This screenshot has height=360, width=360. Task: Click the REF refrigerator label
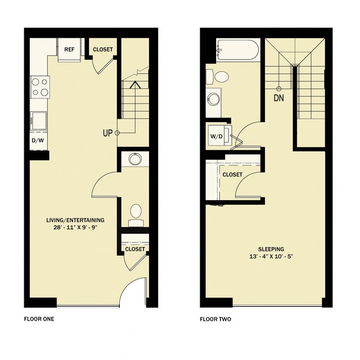(x=69, y=49)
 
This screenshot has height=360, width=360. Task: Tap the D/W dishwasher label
(x=38, y=140)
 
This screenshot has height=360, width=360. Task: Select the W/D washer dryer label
(x=216, y=136)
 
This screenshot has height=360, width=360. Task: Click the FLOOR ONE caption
(x=39, y=319)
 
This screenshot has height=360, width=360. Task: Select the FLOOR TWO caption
(x=215, y=319)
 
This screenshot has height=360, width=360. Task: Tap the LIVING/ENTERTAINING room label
(x=75, y=220)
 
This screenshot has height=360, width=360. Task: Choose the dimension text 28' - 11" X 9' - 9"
(x=75, y=228)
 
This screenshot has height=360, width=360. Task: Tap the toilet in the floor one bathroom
(x=136, y=212)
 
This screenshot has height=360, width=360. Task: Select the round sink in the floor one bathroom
(x=135, y=159)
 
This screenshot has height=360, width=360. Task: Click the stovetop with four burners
(x=39, y=87)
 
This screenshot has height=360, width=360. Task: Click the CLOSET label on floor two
(x=232, y=175)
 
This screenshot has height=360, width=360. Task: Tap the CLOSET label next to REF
(x=102, y=49)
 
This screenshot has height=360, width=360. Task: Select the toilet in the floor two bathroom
(x=220, y=76)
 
